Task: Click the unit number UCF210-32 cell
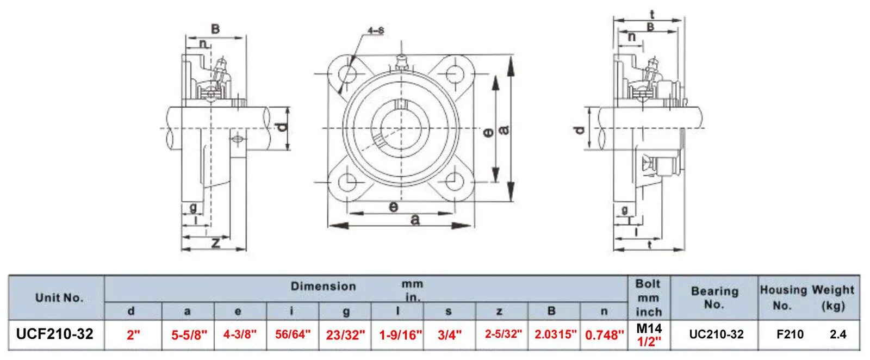tap(55, 334)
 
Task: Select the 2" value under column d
tap(133, 335)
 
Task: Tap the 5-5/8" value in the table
tap(189, 335)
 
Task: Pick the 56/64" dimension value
tap(293, 334)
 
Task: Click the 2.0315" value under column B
tap(555, 334)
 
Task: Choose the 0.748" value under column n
tap(605, 335)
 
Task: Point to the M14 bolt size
tap(649, 328)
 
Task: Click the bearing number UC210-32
tap(716, 334)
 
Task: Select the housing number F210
tap(790, 334)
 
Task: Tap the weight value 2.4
tap(838, 334)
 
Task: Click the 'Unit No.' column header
tap(59, 297)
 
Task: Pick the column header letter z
tap(499, 312)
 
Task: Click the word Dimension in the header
tap(323, 286)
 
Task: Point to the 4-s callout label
tap(376, 31)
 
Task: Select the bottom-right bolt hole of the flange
tap(453, 181)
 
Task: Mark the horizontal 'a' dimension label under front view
tap(415, 220)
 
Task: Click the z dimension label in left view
tap(216, 243)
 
